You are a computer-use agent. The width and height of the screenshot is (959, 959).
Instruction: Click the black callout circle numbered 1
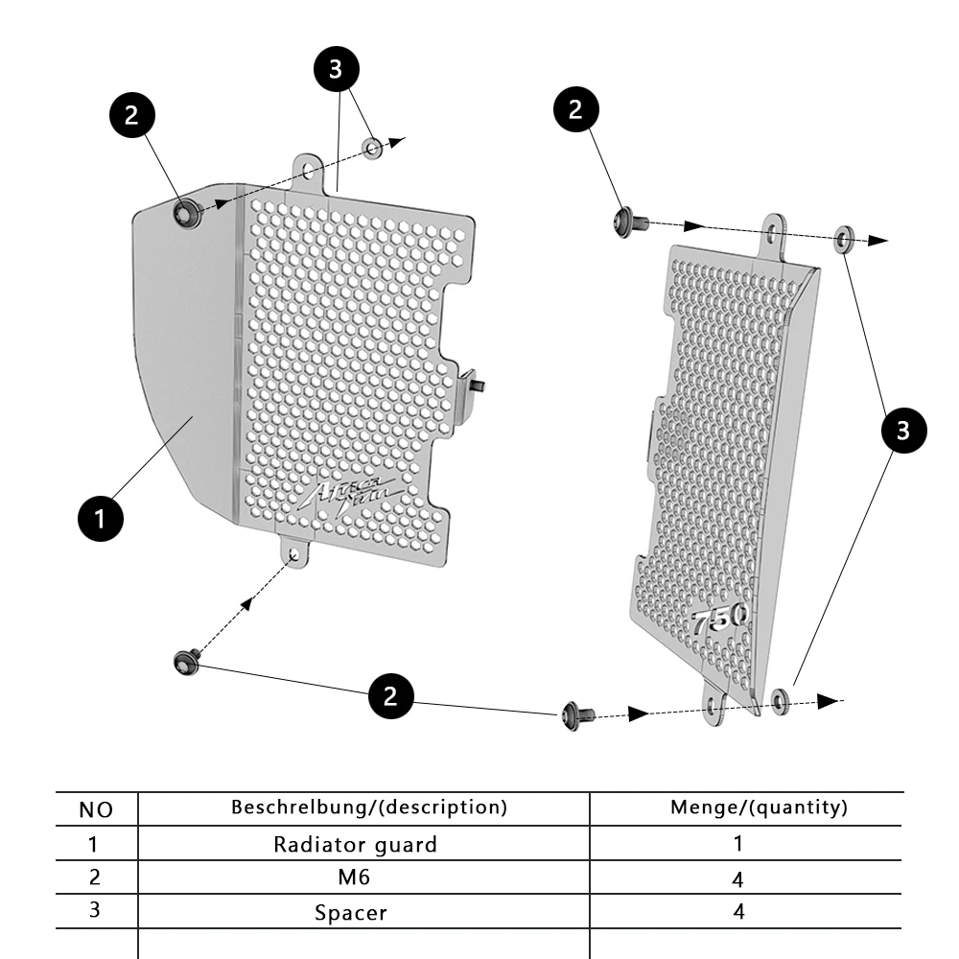(100, 519)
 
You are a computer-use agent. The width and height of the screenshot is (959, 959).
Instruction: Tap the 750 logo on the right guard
(720, 620)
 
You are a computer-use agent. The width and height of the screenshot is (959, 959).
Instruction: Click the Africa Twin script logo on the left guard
(352, 492)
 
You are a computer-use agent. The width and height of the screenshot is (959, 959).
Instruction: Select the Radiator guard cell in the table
(355, 845)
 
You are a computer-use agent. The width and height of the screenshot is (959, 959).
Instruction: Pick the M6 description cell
(355, 877)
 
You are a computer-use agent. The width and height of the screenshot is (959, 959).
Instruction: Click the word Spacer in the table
(351, 912)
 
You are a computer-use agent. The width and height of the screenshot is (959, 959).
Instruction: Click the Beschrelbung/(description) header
(369, 807)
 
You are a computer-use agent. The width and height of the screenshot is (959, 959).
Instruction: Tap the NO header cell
(95, 810)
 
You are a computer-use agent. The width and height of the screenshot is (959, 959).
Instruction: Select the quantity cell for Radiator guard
(738, 844)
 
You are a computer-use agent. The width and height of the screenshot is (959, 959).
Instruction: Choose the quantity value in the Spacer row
(738, 912)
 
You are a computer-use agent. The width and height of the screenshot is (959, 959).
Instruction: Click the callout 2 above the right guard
(576, 109)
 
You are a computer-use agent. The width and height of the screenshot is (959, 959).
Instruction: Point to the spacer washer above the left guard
(373, 148)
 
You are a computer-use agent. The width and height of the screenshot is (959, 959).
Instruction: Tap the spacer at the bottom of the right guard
(781, 701)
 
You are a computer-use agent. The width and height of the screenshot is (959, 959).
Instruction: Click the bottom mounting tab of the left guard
(294, 553)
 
